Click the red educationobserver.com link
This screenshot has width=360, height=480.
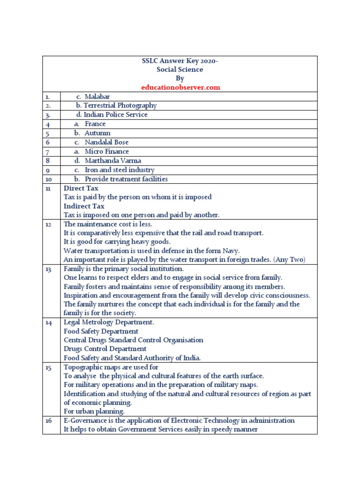[180, 87]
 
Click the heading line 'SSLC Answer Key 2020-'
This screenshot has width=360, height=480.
[180, 60]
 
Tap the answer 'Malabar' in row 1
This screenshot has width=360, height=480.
[97, 97]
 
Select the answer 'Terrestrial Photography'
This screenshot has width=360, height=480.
[120, 105]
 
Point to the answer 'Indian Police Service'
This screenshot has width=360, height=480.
[115, 115]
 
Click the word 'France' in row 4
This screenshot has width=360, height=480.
[95, 124]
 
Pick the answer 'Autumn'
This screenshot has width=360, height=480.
[97, 133]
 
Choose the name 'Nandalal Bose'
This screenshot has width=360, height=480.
[106, 142]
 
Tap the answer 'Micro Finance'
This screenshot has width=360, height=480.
[107, 151]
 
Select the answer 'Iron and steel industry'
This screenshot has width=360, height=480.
[119, 170]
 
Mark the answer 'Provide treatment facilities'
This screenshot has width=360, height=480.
[126, 179]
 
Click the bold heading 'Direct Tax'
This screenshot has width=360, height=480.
[81, 188]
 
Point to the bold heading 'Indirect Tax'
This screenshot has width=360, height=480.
[84, 206]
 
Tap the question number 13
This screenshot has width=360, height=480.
[48, 269]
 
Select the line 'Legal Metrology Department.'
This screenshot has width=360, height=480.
[109, 322]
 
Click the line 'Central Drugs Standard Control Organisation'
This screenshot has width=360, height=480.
[134, 340]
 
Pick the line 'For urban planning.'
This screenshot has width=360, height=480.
[94, 411]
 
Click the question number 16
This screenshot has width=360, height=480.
[48, 420]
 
